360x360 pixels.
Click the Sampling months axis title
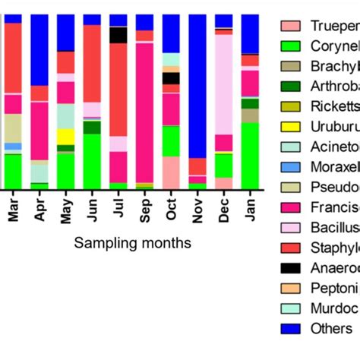point(132,243)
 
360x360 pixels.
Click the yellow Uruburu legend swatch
point(292,126)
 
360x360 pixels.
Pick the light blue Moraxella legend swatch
point(292,166)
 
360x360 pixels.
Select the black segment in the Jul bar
point(118,35)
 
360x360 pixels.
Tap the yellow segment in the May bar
point(66,136)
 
